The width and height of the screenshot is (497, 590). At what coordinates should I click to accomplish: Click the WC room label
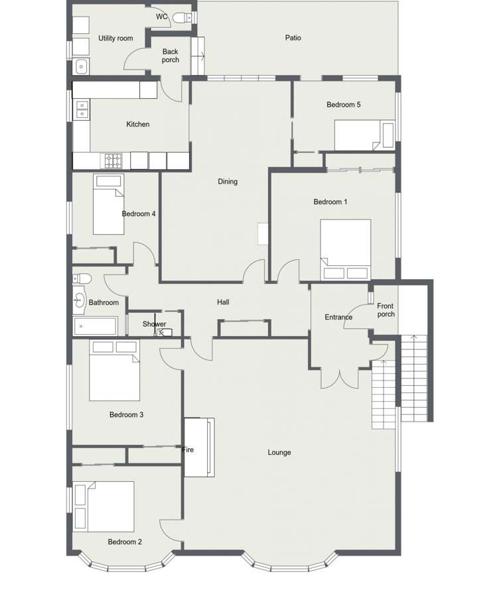click(161, 17)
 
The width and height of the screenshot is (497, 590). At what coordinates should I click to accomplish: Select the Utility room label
click(115, 38)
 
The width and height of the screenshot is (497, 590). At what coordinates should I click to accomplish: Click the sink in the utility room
click(81, 66)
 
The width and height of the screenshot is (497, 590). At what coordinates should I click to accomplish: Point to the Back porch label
click(171, 56)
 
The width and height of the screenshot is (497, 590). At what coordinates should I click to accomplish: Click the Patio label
click(293, 38)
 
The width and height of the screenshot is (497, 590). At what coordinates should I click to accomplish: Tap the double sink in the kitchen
click(82, 109)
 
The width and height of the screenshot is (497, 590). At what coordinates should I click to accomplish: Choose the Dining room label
click(228, 182)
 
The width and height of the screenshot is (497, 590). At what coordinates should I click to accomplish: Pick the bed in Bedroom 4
click(108, 204)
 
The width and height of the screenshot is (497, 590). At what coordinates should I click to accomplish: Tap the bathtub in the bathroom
click(95, 325)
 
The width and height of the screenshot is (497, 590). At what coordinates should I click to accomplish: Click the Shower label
click(155, 324)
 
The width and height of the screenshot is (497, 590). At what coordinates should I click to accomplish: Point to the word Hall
click(223, 302)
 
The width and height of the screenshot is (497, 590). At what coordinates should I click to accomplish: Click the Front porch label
click(386, 310)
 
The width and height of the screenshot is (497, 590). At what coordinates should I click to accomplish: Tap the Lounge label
click(279, 453)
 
